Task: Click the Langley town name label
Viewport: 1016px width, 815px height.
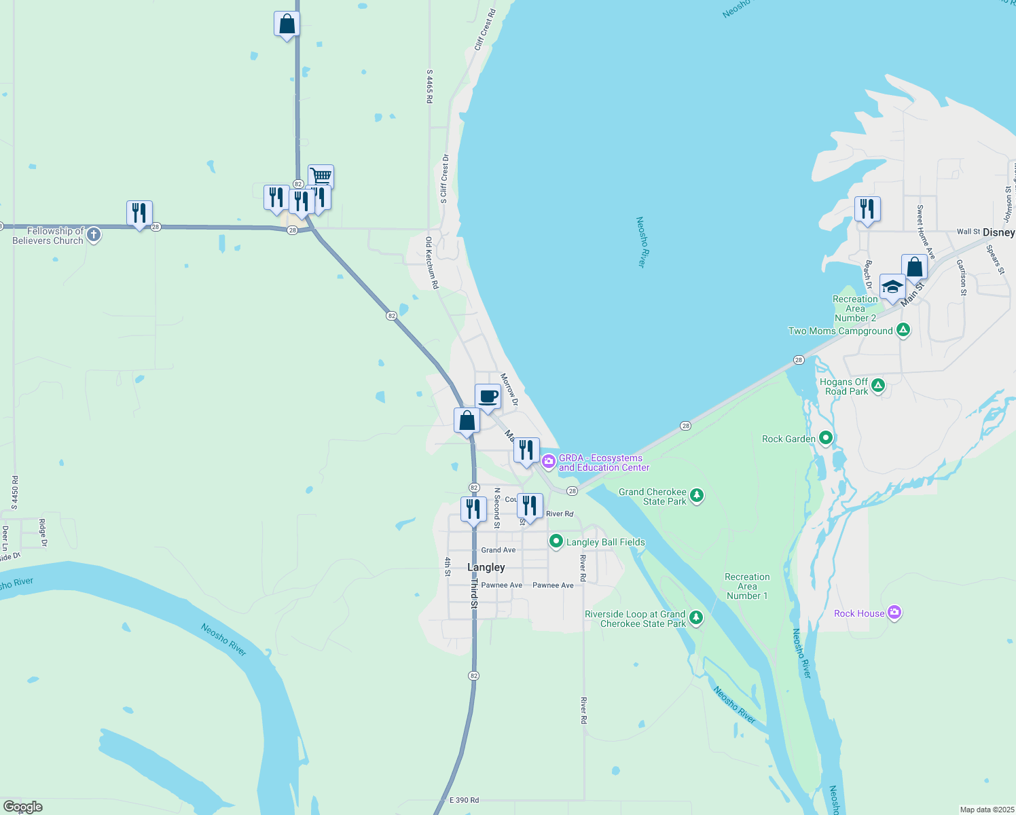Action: point(486,567)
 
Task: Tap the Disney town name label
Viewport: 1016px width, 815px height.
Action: point(998,232)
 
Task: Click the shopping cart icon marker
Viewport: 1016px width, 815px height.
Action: point(321,177)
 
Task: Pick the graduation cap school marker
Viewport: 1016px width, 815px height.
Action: point(892,287)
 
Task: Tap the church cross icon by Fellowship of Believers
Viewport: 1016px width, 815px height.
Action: point(94,235)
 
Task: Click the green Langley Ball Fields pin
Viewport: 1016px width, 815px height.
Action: point(556,541)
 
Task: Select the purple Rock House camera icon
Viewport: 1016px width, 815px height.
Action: point(894,613)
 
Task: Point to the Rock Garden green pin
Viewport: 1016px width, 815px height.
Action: point(826,438)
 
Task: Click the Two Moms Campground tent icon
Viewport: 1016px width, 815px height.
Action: point(903,331)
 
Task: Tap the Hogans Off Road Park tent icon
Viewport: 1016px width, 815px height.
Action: point(878,386)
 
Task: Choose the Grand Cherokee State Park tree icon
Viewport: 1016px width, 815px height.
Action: point(697,496)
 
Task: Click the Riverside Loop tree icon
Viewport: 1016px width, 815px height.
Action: point(696,618)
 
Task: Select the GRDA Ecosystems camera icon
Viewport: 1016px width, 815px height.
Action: point(549,462)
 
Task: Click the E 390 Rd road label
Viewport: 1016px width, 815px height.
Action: point(465,800)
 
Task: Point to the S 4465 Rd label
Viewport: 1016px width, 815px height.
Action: point(429,86)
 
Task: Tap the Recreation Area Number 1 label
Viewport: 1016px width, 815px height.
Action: point(747,586)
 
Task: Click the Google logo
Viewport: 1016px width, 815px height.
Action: point(23,807)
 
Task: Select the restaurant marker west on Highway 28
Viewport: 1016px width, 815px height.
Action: point(139,213)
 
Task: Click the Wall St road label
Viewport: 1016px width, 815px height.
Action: point(968,232)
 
